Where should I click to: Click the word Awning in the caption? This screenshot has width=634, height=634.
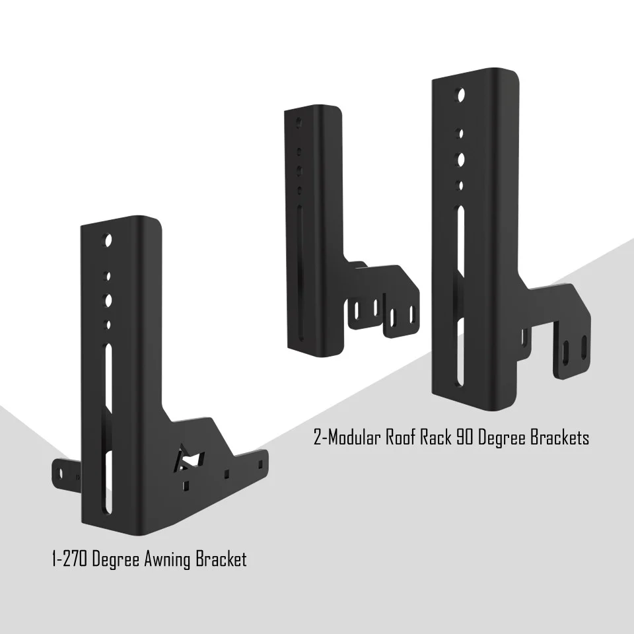coord(170,560)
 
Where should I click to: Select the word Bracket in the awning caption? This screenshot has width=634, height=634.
coord(221,560)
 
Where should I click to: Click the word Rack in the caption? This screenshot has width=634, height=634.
coord(437,437)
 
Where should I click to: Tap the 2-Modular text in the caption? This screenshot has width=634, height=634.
coord(348,437)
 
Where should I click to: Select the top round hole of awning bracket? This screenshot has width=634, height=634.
coord(108,240)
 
